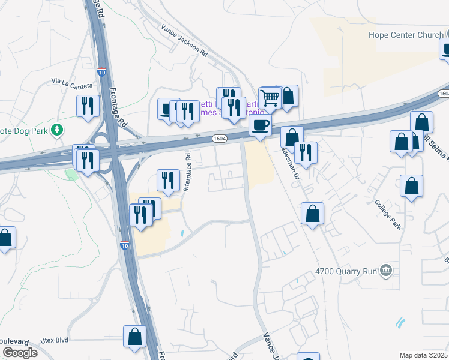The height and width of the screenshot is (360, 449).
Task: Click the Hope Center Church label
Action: [x=405, y=35]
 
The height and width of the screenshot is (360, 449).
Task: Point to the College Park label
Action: [x=387, y=209]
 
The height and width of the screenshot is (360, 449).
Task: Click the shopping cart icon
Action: [x=270, y=97]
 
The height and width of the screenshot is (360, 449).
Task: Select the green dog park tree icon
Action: [x=58, y=129]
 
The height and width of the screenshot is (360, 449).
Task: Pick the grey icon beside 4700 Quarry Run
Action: [x=386, y=271]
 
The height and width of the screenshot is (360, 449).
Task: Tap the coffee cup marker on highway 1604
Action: [x=260, y=125]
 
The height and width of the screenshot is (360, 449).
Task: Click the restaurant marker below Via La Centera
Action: [x=88, y=106]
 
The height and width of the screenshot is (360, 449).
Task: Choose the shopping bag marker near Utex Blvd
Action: [x=135, y=337]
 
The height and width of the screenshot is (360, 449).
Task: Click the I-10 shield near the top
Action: [x=103, y=72]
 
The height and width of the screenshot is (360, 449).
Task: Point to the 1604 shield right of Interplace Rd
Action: [x=220, y=139]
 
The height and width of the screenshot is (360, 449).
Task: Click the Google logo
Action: [x=20, y=352]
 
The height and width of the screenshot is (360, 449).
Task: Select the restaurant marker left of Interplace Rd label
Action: [x=168, y=180]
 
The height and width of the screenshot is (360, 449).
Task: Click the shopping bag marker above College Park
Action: [x=412, y=186]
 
